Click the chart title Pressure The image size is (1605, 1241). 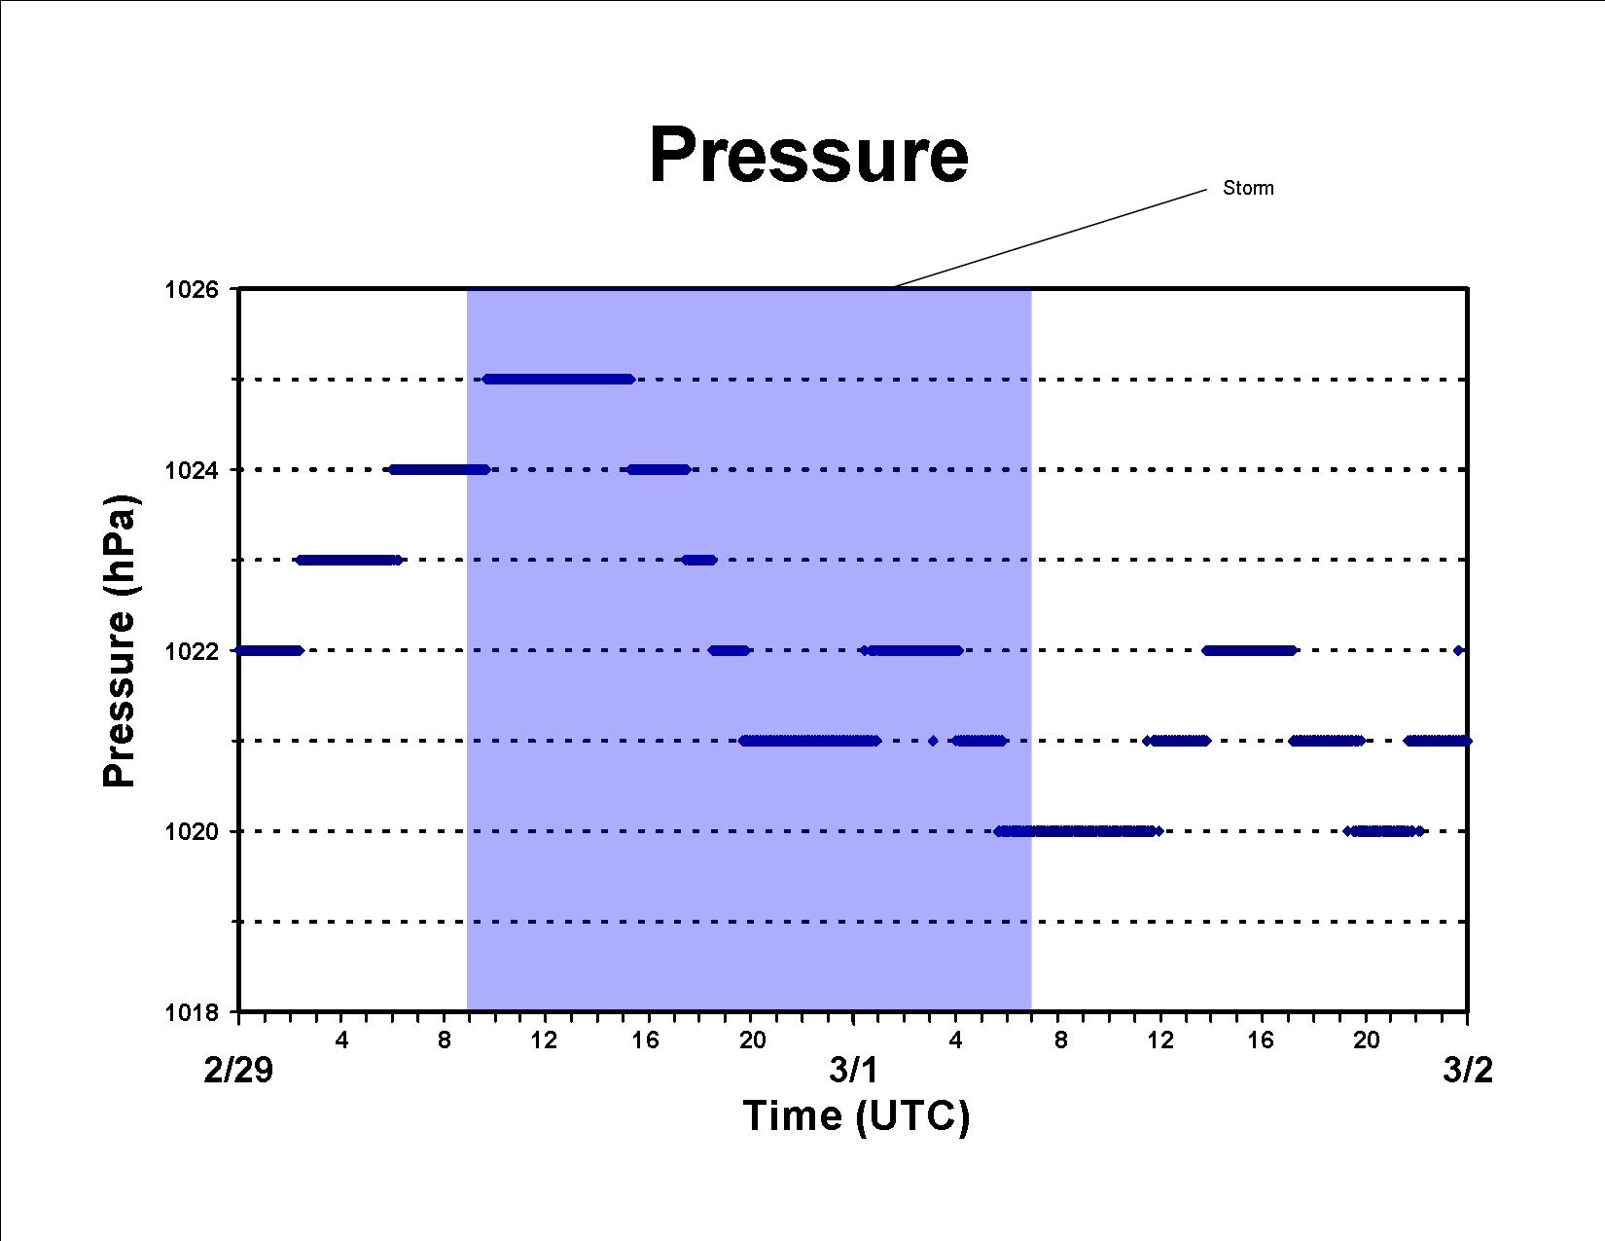pos(808,156)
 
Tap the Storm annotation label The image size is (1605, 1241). pos(1248,188)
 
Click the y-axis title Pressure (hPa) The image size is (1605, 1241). pos(119,641)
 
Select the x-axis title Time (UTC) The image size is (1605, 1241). pos(856,1116)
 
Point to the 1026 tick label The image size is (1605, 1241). pos(192,290)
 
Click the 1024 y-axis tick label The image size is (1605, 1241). pos(192,470)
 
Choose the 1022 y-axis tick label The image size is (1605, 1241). pos(192,651)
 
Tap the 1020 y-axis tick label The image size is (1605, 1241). pos(192,831)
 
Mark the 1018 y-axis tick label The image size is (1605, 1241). pos(192,1012)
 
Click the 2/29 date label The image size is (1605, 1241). pos(238,1071)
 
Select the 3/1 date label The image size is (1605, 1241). pos(853,1071)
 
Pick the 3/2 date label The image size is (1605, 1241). pos(1468,1071)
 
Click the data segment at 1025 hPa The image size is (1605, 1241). pos(558,380)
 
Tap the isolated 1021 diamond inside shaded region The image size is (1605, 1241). pos(933,741)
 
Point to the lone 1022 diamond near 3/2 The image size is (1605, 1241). pos(1458,650)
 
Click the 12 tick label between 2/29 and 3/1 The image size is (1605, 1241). pos(545,1040)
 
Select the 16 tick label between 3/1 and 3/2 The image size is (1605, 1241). pos(1261,1040)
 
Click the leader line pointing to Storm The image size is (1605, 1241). pos(1051,238)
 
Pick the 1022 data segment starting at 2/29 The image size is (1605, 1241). pos(268,650)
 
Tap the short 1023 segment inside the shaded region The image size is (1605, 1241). pos(698,561)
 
